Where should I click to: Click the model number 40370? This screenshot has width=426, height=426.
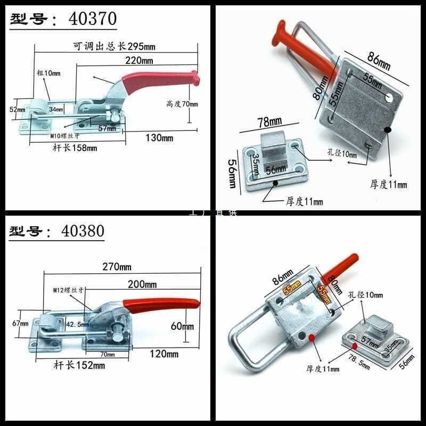[x=93, y=19]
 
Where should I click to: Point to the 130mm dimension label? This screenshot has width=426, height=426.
[x=160, y=138]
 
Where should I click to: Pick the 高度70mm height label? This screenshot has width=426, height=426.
[x=182, y=104]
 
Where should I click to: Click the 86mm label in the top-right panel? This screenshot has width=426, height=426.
[x=379, y=61]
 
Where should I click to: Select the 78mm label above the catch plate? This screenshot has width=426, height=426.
[x=269, y=122]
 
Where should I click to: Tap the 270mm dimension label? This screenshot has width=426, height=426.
[x=118, y=266]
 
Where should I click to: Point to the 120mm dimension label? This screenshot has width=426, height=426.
[x=164, y=353]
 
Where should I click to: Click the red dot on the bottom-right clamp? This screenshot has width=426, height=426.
[x=310, y=338]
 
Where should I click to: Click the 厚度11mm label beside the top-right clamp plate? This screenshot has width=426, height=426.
[x=388, y=184]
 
